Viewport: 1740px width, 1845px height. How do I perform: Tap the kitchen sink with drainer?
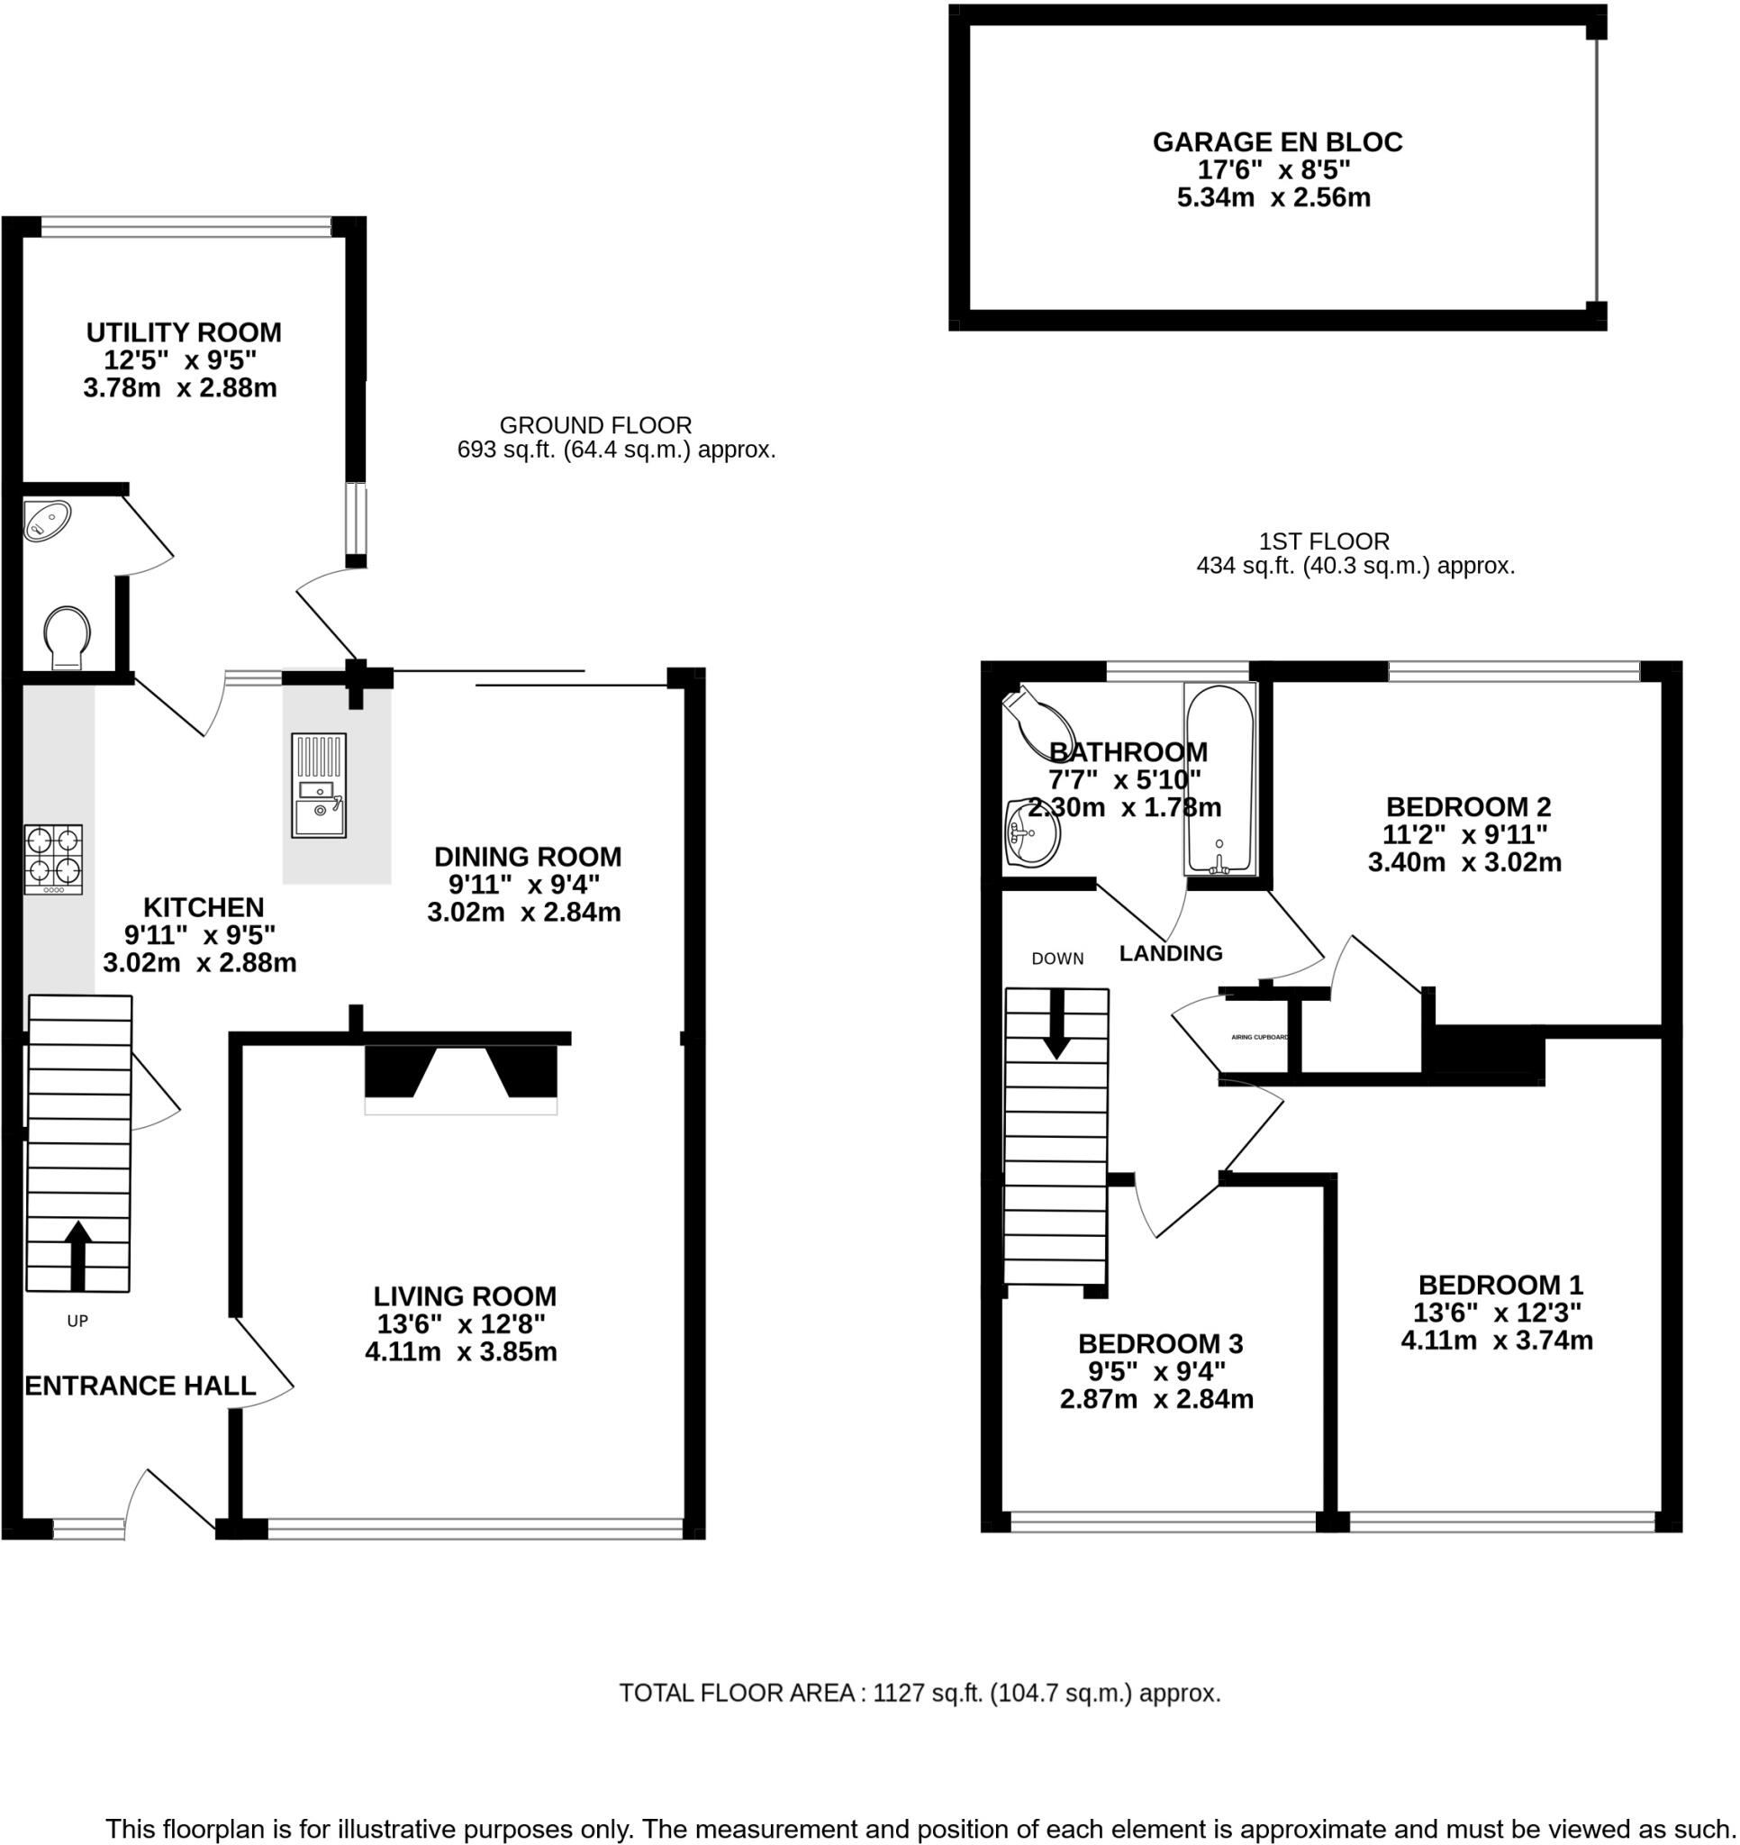pyautogui.click(x=318, y=786)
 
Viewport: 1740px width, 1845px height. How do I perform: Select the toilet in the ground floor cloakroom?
pyautogui.click(x=67, y=636)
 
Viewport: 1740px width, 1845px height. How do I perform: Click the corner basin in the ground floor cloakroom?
pyautogui.click(x=47, y=520)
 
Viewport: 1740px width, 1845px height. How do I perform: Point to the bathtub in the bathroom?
pyautogui.click(x=1219, y=778)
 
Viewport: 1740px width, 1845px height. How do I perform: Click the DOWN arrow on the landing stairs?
pyautogui.click(x=1056, y=1023)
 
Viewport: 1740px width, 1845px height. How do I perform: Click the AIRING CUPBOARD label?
pyautogui.click(x=1259, y=1037)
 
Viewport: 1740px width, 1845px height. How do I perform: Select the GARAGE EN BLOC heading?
pyautogui.click(x=1277, y=142)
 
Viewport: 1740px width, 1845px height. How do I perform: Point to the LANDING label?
pyautogui.click(x=1170, y=953)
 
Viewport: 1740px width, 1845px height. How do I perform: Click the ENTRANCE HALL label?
pyautogui.click(x=140, y=1386)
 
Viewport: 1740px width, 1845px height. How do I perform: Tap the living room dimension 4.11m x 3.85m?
pyautogui.click(x=461, y=1351)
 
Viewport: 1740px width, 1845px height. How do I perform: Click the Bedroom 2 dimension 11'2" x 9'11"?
pyautogui.click(x=1464, y=834)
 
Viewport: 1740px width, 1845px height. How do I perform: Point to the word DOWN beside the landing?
pyautogui.click(x=1057, y=959)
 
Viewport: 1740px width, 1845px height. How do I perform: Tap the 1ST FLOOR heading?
pyautogui.click(x=1323, y=541)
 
